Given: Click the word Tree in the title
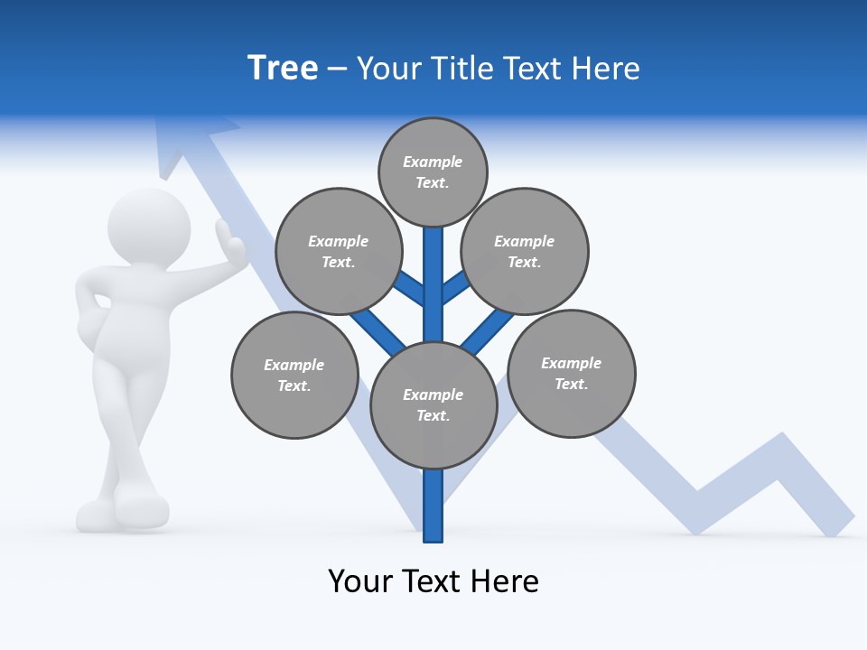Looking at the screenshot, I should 283,69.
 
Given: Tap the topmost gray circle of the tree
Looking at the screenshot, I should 433,172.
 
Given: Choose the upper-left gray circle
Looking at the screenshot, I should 339,252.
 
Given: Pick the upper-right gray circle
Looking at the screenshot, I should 525,252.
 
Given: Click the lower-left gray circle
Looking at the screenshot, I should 294,376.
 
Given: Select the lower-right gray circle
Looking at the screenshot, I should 571,374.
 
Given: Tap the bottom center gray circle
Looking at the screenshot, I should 433,405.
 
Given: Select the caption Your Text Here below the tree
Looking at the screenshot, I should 433,581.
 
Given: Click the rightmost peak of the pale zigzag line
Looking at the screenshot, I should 782,441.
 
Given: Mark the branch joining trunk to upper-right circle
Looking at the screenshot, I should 457,288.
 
